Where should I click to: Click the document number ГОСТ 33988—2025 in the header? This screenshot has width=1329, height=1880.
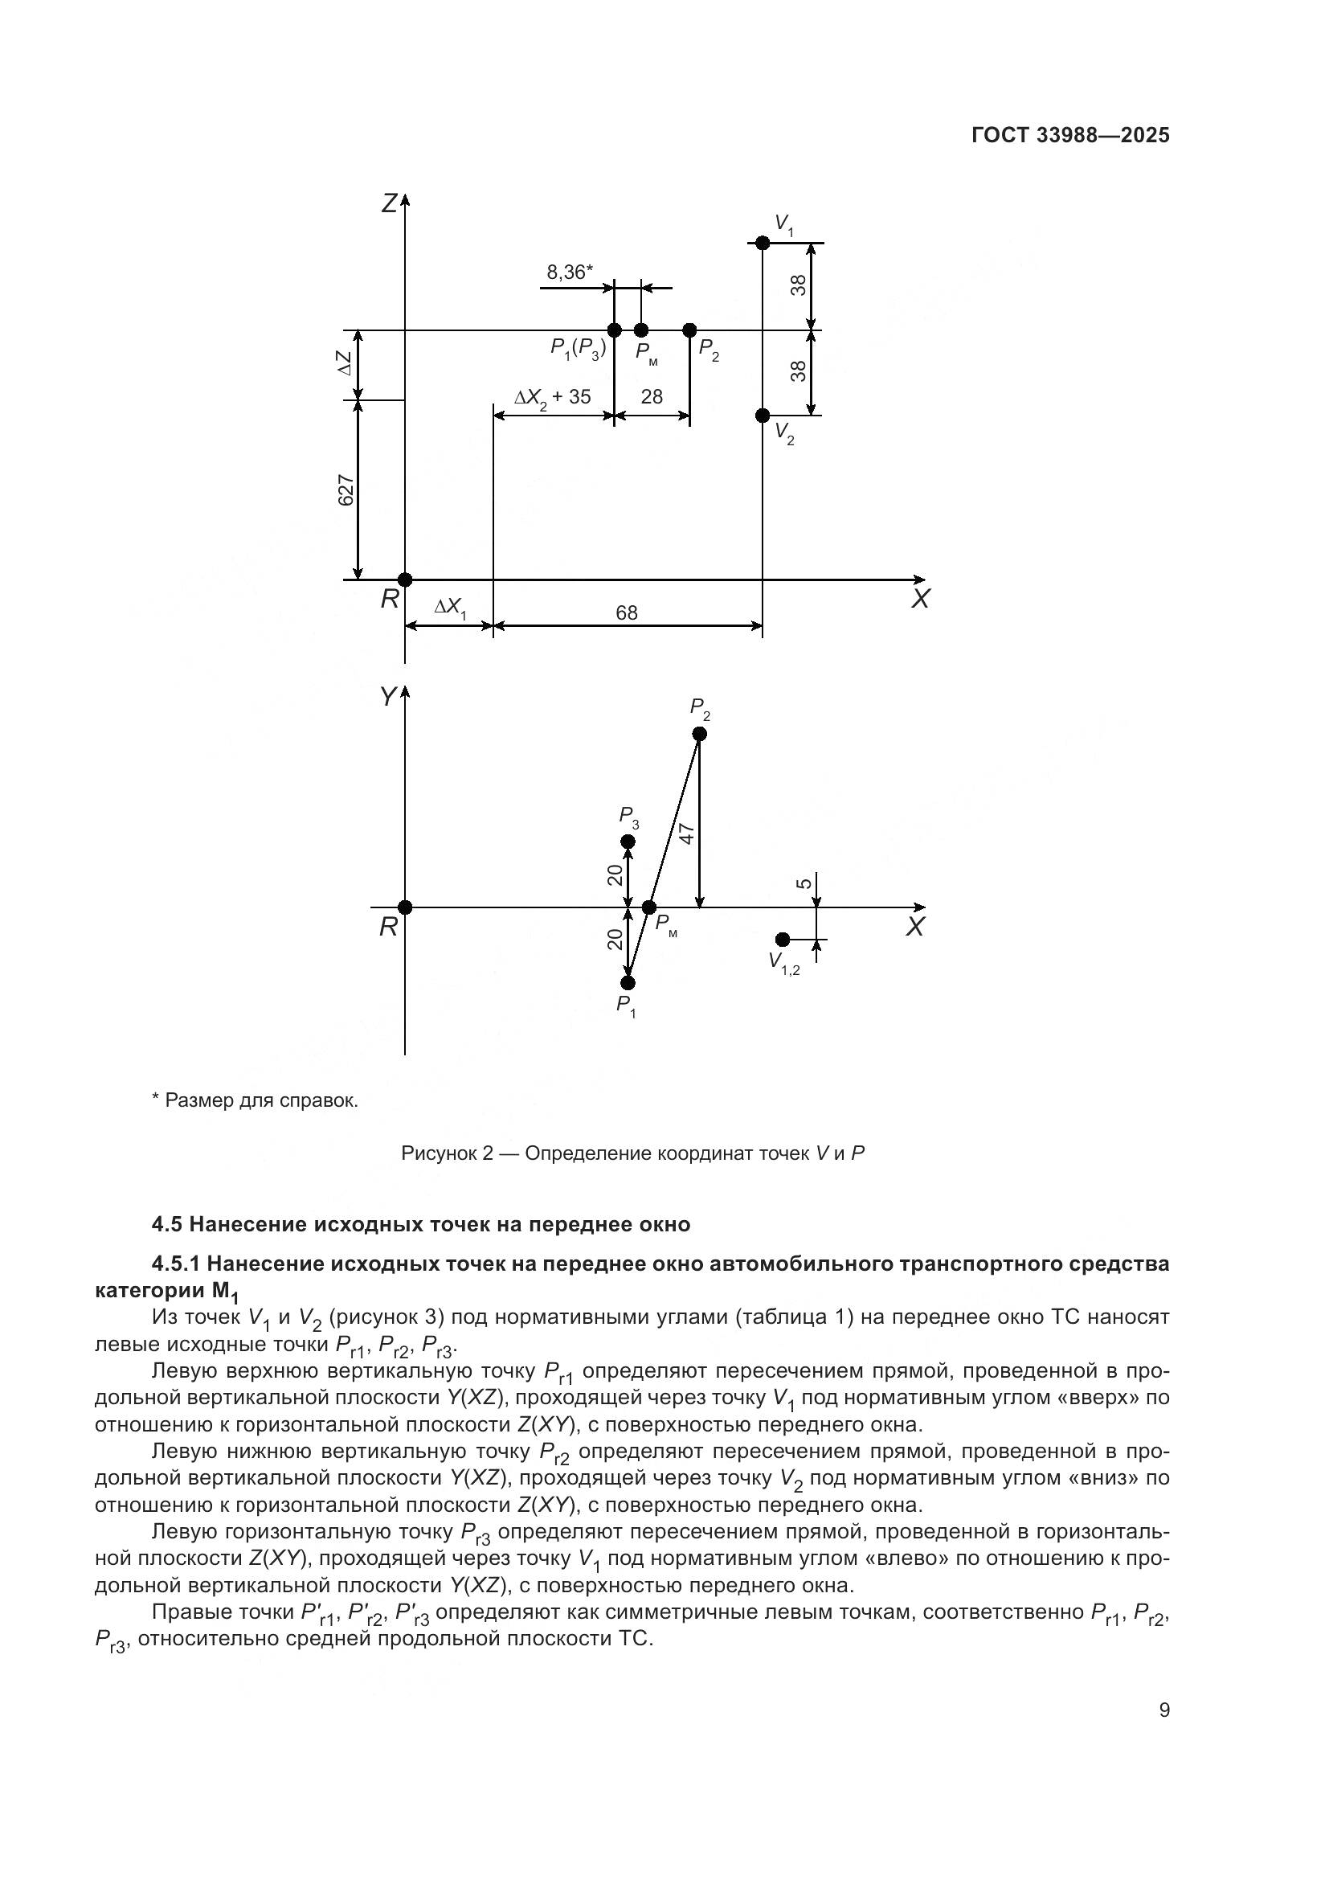(x=1069, y=136)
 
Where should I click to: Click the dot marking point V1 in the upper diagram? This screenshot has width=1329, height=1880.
(x=762, y=244)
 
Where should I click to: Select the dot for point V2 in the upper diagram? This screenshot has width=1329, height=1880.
(x=762, y=415)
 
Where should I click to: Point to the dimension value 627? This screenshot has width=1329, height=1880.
(x=346, y=490)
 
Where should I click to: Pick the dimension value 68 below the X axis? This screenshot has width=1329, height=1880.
(x=626, y=612)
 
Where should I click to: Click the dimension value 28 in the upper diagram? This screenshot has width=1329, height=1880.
(x=652, y=397)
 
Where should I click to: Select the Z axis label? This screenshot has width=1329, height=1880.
(x=390, y=203)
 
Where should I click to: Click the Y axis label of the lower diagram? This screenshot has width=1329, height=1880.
(x=388, y=697)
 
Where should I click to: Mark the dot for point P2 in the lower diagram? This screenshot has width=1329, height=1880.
(x=699, y=734)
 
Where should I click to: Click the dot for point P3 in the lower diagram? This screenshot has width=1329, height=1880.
(x=628, y=842)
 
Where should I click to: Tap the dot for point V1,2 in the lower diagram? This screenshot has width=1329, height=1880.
(x=783, y=939)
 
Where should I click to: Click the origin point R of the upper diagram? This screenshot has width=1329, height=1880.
(x=405, y=580)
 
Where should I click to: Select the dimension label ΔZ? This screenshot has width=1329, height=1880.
(x=346, y=363)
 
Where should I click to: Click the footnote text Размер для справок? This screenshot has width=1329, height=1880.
(x=261, y=1100)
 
